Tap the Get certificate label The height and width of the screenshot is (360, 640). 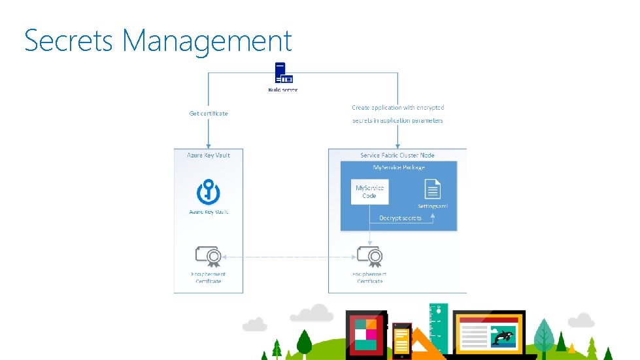coord(209,114)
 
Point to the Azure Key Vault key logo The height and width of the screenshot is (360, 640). coord(209,192)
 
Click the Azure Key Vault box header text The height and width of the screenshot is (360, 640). coord(209,155)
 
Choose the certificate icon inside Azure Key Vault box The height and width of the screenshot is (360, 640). coord(208,256)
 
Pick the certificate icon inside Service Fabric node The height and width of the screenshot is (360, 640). coord(369,256)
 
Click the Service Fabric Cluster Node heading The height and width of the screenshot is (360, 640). coord(397,155)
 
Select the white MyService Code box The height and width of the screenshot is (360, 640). coord(369,191)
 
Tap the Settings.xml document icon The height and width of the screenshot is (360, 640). coord(433,191)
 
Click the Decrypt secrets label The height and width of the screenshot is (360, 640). coord(400,218)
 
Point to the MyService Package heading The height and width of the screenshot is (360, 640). coord(398,168)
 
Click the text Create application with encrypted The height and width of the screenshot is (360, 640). coord(398,107)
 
